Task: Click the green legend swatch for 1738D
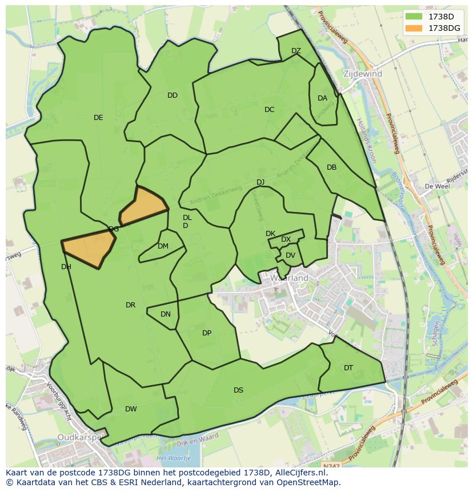(414, 17)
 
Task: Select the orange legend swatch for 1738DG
(414, 28)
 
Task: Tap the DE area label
(98, 118)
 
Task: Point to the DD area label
(173, 95)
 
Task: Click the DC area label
(270, 110)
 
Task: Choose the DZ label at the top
(296, 51)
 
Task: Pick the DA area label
(322, 98)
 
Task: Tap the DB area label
(331, 167)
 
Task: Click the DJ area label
(260, 182)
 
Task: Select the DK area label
(270, 234)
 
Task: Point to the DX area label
(286, 239)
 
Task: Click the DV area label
(290, 255)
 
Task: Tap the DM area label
(163, 246)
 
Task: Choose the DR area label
(130, 305)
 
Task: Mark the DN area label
(166, 314)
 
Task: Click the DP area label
(207, 333)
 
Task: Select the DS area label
(238, 390)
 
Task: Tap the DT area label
(348, 368)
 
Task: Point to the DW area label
(131, 409)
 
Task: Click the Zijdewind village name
(363, 74)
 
